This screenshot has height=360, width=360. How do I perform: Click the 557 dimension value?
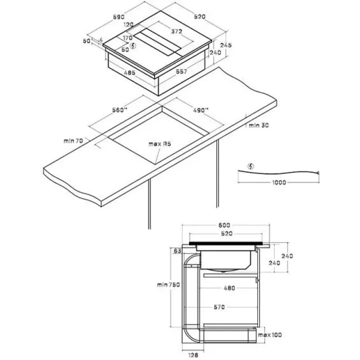point(181,71)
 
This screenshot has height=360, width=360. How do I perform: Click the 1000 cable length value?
point(279,182)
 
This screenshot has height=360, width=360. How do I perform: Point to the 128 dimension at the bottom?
point(192,354)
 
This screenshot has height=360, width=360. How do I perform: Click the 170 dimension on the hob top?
point(127,37)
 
